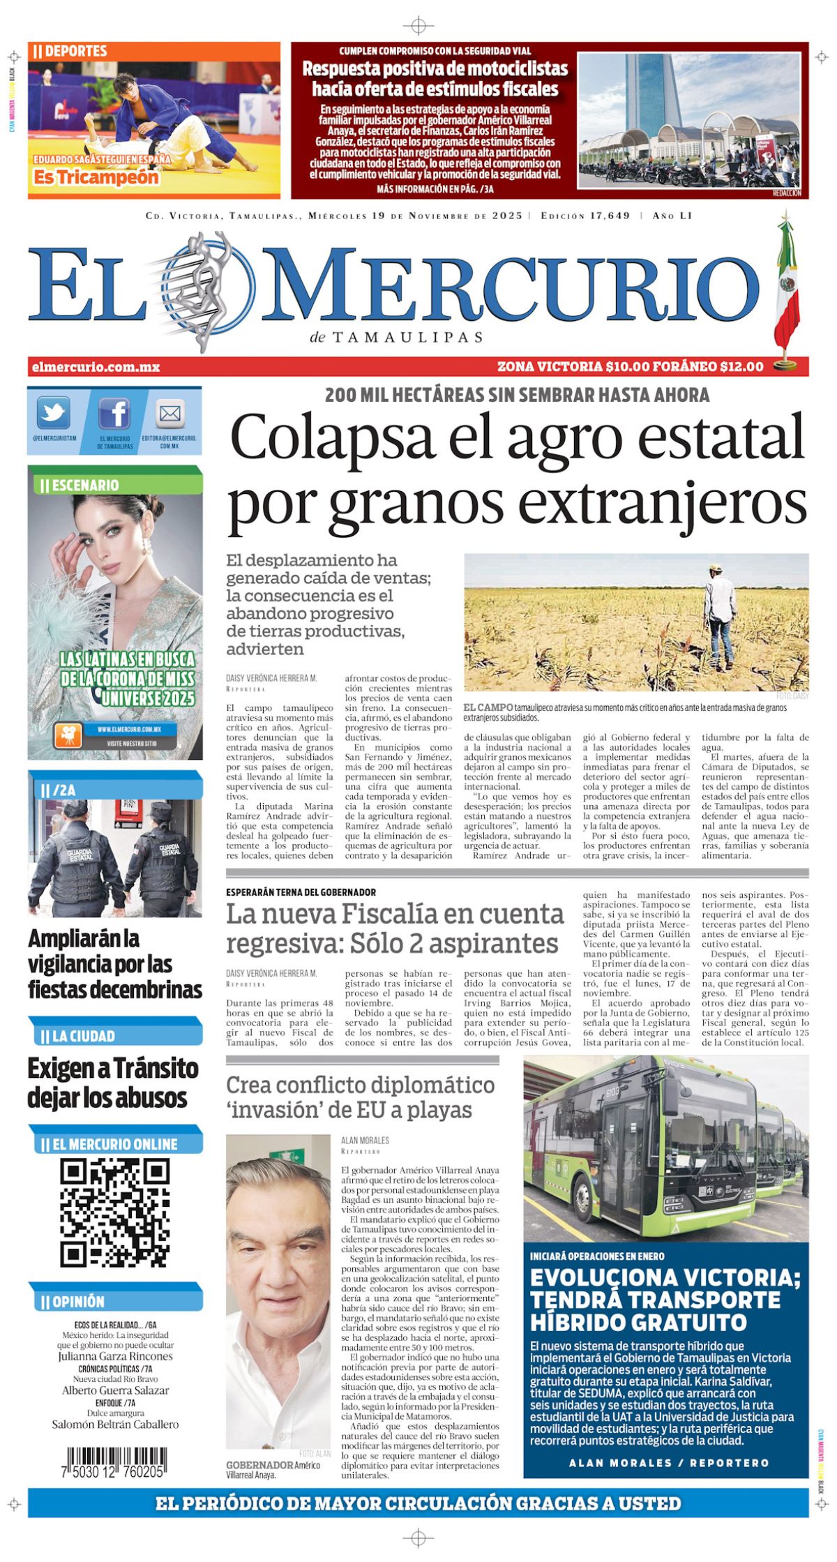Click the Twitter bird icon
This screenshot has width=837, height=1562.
tap(53, 413)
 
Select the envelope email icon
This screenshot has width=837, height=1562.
tap(169, 414)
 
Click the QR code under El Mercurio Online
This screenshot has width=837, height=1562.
tap(114, 1212)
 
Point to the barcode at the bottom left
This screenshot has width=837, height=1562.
tap(116, 1460)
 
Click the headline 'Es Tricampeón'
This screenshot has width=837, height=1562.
tap(96, 178)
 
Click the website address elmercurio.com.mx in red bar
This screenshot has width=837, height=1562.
tap(96, 367)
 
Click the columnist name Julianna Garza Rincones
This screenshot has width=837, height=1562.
tap(115, 1356)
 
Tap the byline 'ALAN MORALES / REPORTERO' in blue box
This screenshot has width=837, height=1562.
tap(668, 1463)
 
